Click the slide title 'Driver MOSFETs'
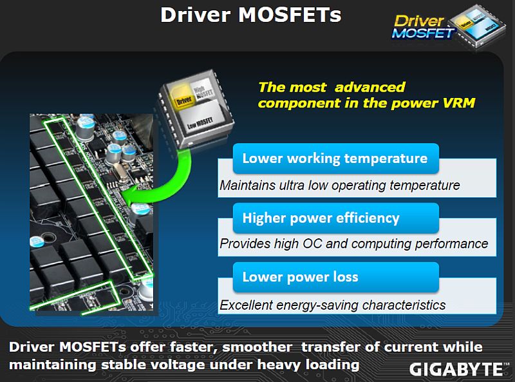click(x=251, y=15)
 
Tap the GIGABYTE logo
click(x=456, y=369)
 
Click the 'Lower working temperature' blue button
click(x=335, y=158)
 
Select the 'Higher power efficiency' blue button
click(x=335, y=218)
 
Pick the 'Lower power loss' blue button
click(x=335, y=277)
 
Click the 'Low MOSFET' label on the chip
click(x=200, y=123)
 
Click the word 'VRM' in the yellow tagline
click(x=458, y=103)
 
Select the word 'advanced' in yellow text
click(x=370, y=87)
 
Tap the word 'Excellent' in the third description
click(x=246, y=305)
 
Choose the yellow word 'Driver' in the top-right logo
click(x=420, y=21)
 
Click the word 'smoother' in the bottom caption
click(x=257, y=347)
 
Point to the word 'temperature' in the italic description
click(x=425, y=186)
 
